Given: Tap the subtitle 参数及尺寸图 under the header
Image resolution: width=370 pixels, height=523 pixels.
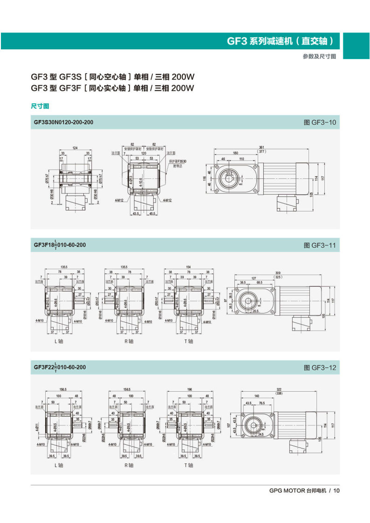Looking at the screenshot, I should pyautogui.click(x=319, y=56).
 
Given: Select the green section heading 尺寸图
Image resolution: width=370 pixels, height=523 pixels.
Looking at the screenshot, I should pyautogui.click(x=40, y=107).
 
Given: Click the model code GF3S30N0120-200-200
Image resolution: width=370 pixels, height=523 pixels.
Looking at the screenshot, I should pyautogui.click(x=63, y=122).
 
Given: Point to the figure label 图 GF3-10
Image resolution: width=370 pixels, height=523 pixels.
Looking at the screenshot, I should pyautogui.click(x=320, y=122).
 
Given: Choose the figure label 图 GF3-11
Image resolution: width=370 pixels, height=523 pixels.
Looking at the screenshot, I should pyautogui.click(x=320, y=245).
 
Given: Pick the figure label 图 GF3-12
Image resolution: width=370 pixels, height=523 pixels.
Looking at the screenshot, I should pyautogui.click(x=320, y=367).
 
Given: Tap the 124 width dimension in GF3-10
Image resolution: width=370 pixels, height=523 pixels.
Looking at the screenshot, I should pyautogui.click(x=75, y=148).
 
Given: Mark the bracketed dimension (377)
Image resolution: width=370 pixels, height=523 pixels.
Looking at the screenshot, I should pyautogui.click(x=262, y=152).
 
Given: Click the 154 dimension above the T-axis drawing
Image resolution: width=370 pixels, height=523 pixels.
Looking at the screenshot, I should pyautogui.click(x=188, y=267).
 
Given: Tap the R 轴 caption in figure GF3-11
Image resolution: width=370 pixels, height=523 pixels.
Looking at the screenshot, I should pyautogui.click(x=128, y=341).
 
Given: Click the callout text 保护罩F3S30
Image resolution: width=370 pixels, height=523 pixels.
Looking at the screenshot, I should pyautogui.click(x=178, y=161).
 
